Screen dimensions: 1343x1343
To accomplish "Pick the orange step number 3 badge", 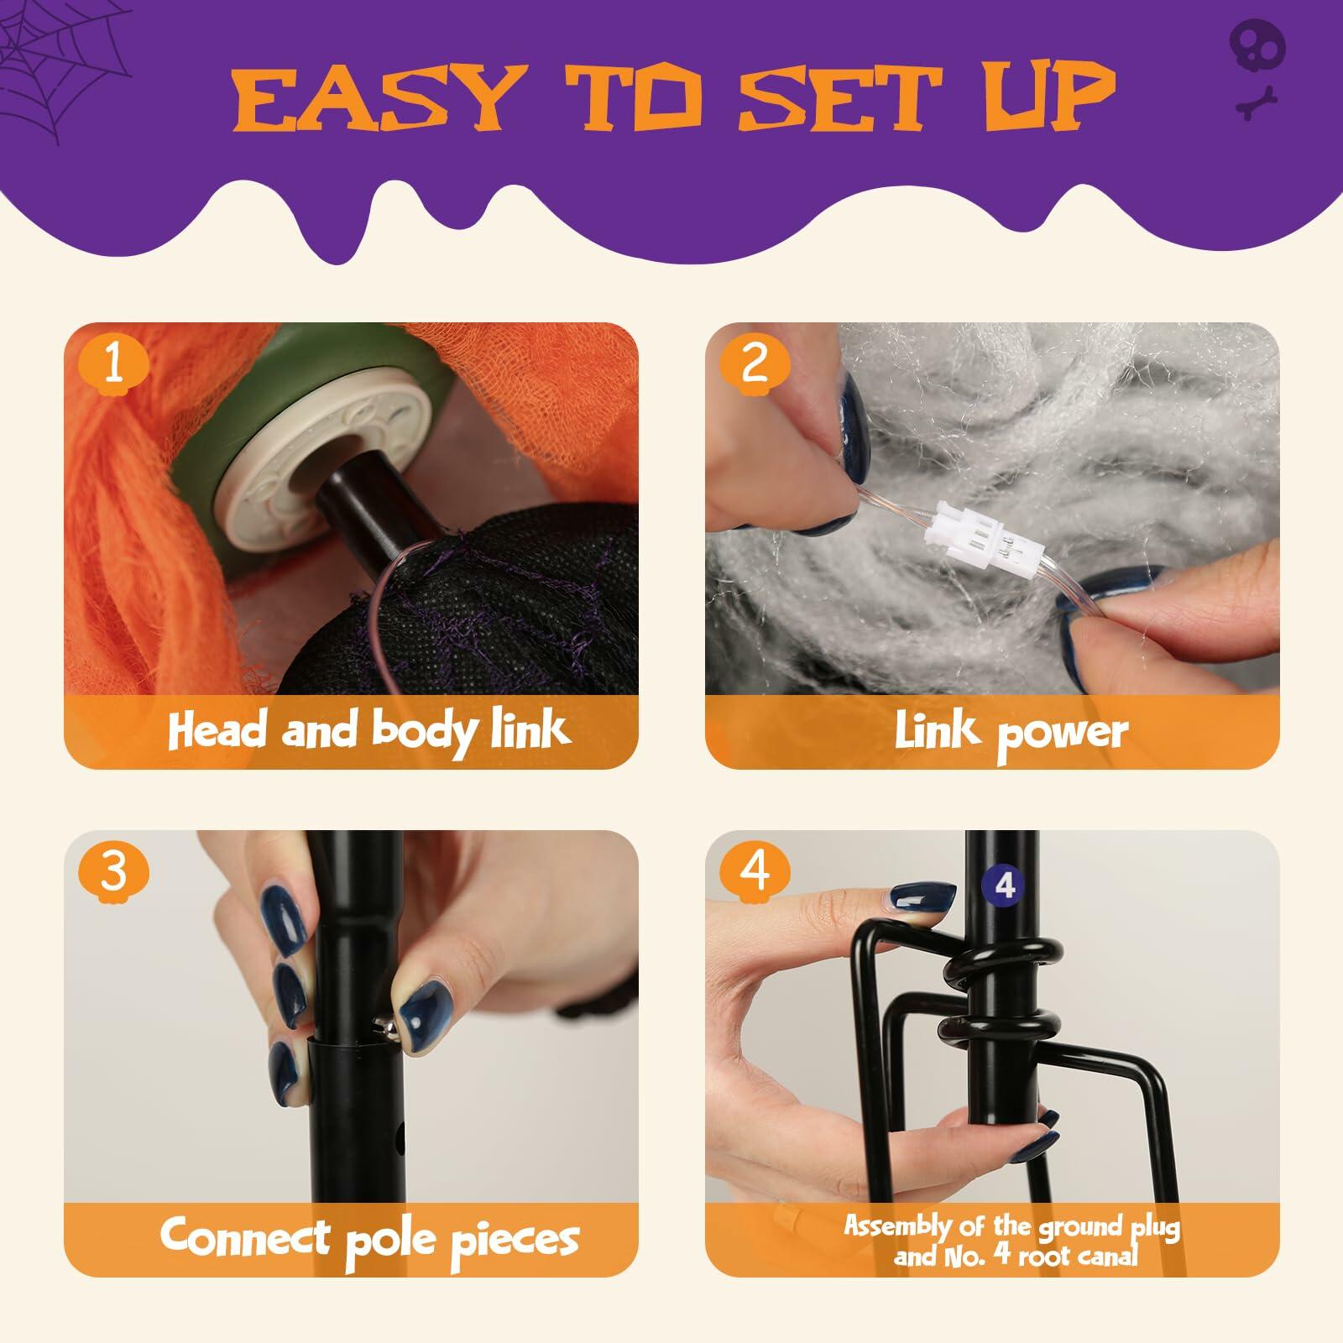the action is (114, 871).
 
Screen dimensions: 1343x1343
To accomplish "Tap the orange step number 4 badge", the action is (755, 871).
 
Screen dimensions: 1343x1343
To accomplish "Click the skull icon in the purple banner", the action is (1257, 46).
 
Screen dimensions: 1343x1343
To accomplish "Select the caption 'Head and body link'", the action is (369, 729).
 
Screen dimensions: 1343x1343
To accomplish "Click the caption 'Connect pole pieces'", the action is (369, 1237).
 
